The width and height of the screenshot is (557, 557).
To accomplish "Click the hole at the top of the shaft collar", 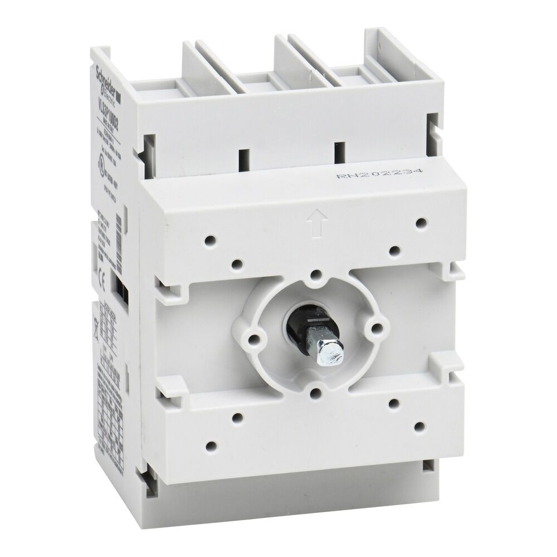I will pyautogui.click(x=315, y=274).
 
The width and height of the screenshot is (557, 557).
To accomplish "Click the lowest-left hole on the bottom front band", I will pyautogui.click(x=212, y=445).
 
